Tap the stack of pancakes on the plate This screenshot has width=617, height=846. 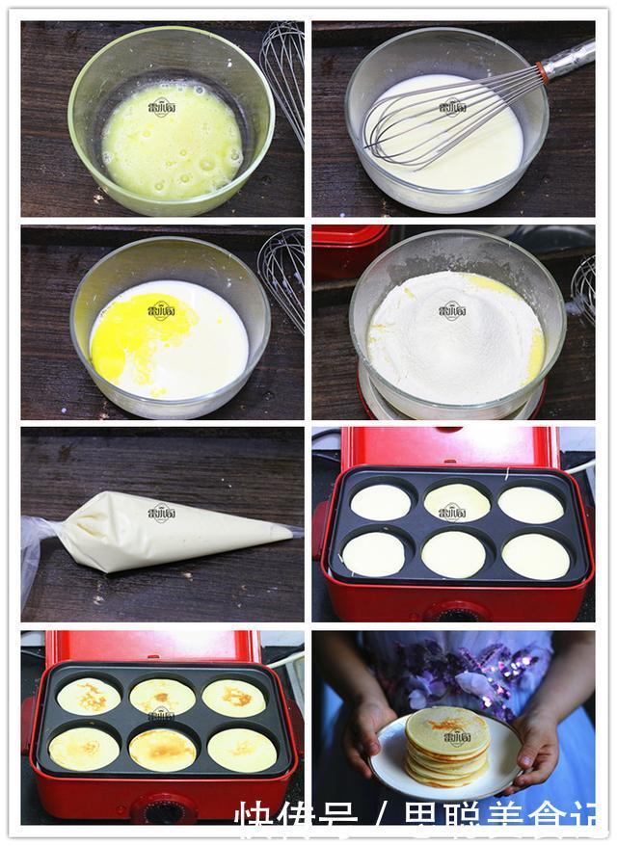click(445, 746)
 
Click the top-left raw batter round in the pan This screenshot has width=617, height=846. click(380, 502)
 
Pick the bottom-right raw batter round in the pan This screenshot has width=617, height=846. click(535, 556)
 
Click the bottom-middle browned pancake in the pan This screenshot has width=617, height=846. click(162, 748)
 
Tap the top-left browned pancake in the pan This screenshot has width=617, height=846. click(88, 696)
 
